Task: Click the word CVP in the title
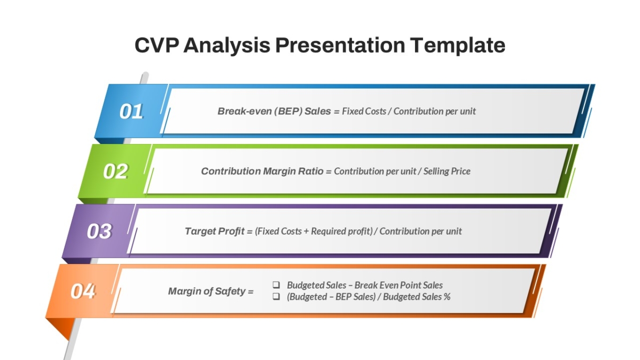[x=157, y=45]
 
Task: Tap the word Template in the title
[x=458, y=46]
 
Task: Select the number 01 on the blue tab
[x=131, y=111]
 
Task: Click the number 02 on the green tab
[x=115, y=171]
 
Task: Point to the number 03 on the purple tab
[x=99, y=231]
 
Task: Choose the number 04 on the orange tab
[x=83, y=291]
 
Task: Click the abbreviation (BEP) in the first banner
[x=288, y=111]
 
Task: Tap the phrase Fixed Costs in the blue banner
[x=364, y=111]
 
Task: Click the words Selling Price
[x=447, y=171]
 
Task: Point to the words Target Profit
[x=215, y=231]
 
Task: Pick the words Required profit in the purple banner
[x=341, y=231]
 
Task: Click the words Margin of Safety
[x=207, y=291]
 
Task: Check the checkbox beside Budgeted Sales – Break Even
[x=276, y=285]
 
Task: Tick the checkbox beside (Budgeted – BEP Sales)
[x=276, y=297]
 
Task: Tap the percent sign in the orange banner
[x=447, y=297]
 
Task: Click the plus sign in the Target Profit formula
[x=306, y=231]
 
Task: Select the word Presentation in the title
[x=340, y=45]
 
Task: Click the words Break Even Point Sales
[x=399, y=285]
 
